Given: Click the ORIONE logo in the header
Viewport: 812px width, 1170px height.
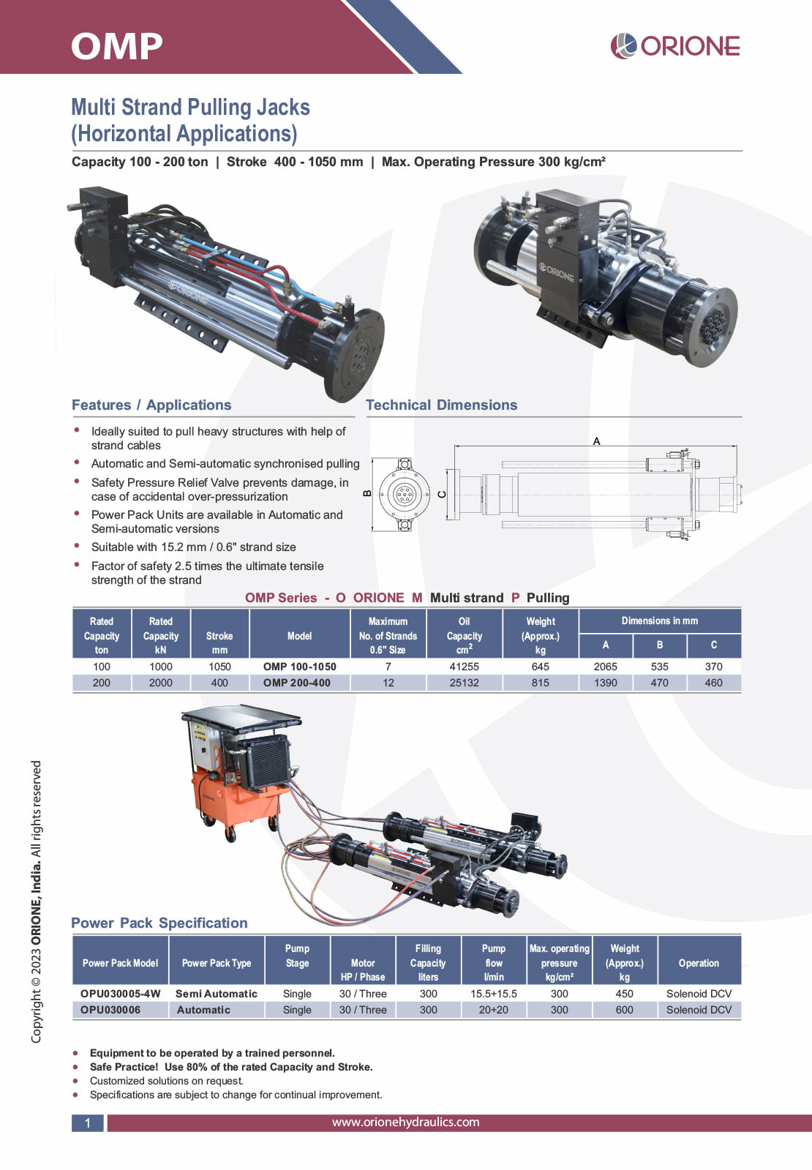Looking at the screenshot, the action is click(674, 46).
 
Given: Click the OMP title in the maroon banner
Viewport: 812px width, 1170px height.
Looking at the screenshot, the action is click(117, 47).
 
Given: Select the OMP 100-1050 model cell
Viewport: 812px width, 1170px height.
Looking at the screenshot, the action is click(300, 667).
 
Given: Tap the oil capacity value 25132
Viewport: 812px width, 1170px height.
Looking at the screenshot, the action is click(465, 683).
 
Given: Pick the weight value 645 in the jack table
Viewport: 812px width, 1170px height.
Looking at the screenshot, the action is click(541, 667).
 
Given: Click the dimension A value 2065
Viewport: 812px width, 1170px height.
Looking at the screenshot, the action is click(605, 667).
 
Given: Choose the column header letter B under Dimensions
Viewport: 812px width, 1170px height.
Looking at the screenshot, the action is click(660, 645).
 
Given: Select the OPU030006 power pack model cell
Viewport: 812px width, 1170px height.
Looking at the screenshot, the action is click(110, 1010).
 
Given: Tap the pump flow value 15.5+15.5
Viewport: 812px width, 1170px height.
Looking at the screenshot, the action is click(494, 994).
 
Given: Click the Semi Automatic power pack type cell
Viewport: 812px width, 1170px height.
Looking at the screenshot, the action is click(217, 994).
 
